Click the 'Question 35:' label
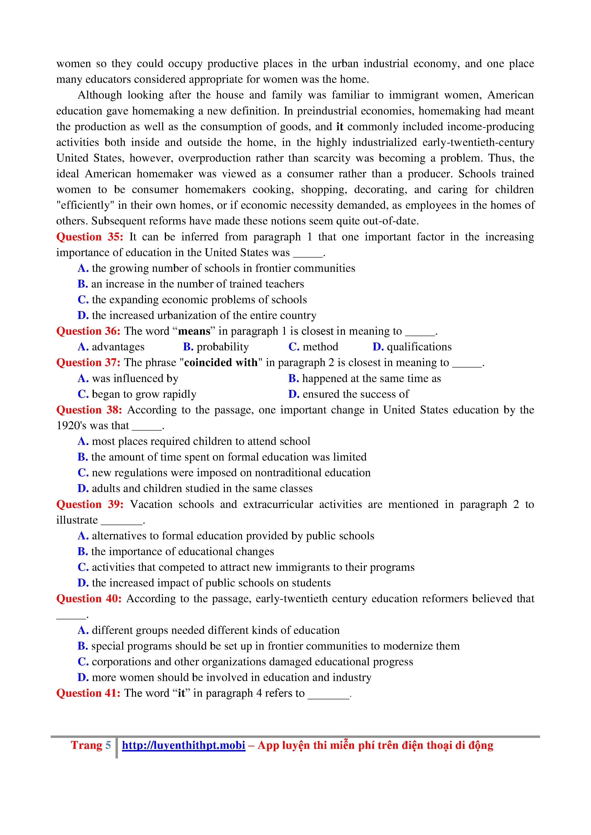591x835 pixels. (90, 237)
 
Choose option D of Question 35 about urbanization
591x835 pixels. (204, 315)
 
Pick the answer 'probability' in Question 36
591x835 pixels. (222, 347)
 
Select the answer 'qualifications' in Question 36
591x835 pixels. (419, 347)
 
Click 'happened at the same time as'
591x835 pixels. (371, 379)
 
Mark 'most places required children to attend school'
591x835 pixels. (201, 442)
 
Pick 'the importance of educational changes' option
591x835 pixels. (182, 552)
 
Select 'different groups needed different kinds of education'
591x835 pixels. (215, 630)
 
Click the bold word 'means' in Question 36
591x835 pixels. (194, 331)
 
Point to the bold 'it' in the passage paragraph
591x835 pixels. (339, 127)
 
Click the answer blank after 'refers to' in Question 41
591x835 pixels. (328, 695)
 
